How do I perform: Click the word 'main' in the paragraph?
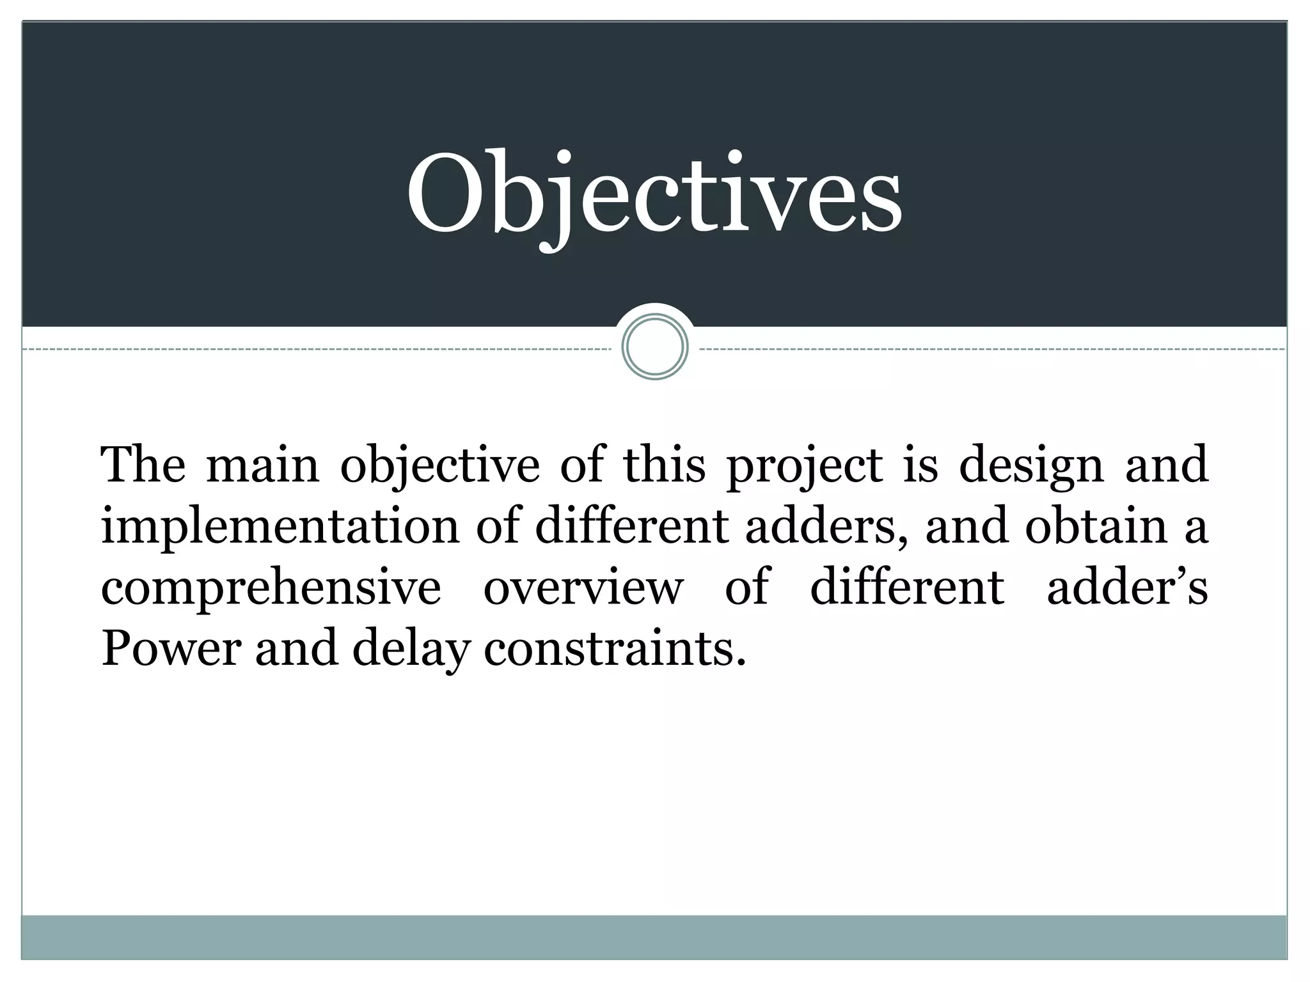pyautogui.click(x=262, y=465)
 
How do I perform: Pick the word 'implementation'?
pyautogui.click(x=280, y=527)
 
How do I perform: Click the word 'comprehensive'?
pyautogui.click(x=271, y=588)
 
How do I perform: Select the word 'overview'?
pyautogui.click(x=583, y=588)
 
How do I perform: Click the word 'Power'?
pyautogui.click(x=171, y=649)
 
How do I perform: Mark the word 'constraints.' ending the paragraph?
pyautogui.click(x=615, y=649)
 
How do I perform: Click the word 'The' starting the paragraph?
pyautogui.click(x=143, y=465)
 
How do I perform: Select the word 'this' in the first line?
pyautogui.click(x=665, y=465)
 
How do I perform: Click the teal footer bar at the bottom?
pyautogui.click(x=654, y=937)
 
